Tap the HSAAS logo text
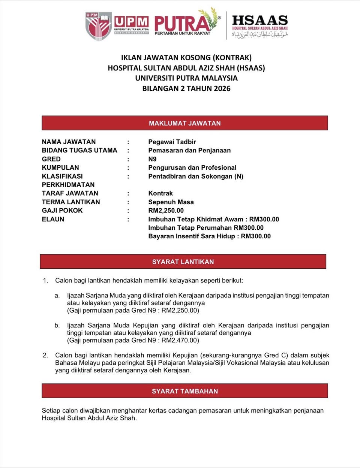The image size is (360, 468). tap(260, 20)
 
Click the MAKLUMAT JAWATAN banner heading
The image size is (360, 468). tap(184, 123)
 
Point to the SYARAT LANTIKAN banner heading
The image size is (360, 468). tap(183, 262)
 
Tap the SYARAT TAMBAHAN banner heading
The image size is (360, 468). tap(184, 391)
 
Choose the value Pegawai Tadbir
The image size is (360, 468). tap(172, 142)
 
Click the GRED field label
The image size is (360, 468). tap(51, 159)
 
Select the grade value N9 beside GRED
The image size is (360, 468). tap(152, 159)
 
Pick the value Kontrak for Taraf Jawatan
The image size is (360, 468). tap(160, 193)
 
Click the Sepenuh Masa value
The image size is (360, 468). tap(171, 202)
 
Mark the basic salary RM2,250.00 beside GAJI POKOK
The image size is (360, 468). tap(166, 211)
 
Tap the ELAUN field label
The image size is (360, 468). tap(53, 219)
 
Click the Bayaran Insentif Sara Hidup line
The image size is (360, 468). tap(209, 236)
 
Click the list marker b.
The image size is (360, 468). tap(57, 325)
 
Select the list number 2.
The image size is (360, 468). tap(45, 355)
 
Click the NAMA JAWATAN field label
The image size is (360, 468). tap(69, 142)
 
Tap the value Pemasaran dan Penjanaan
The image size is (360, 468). tap(189, 150)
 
